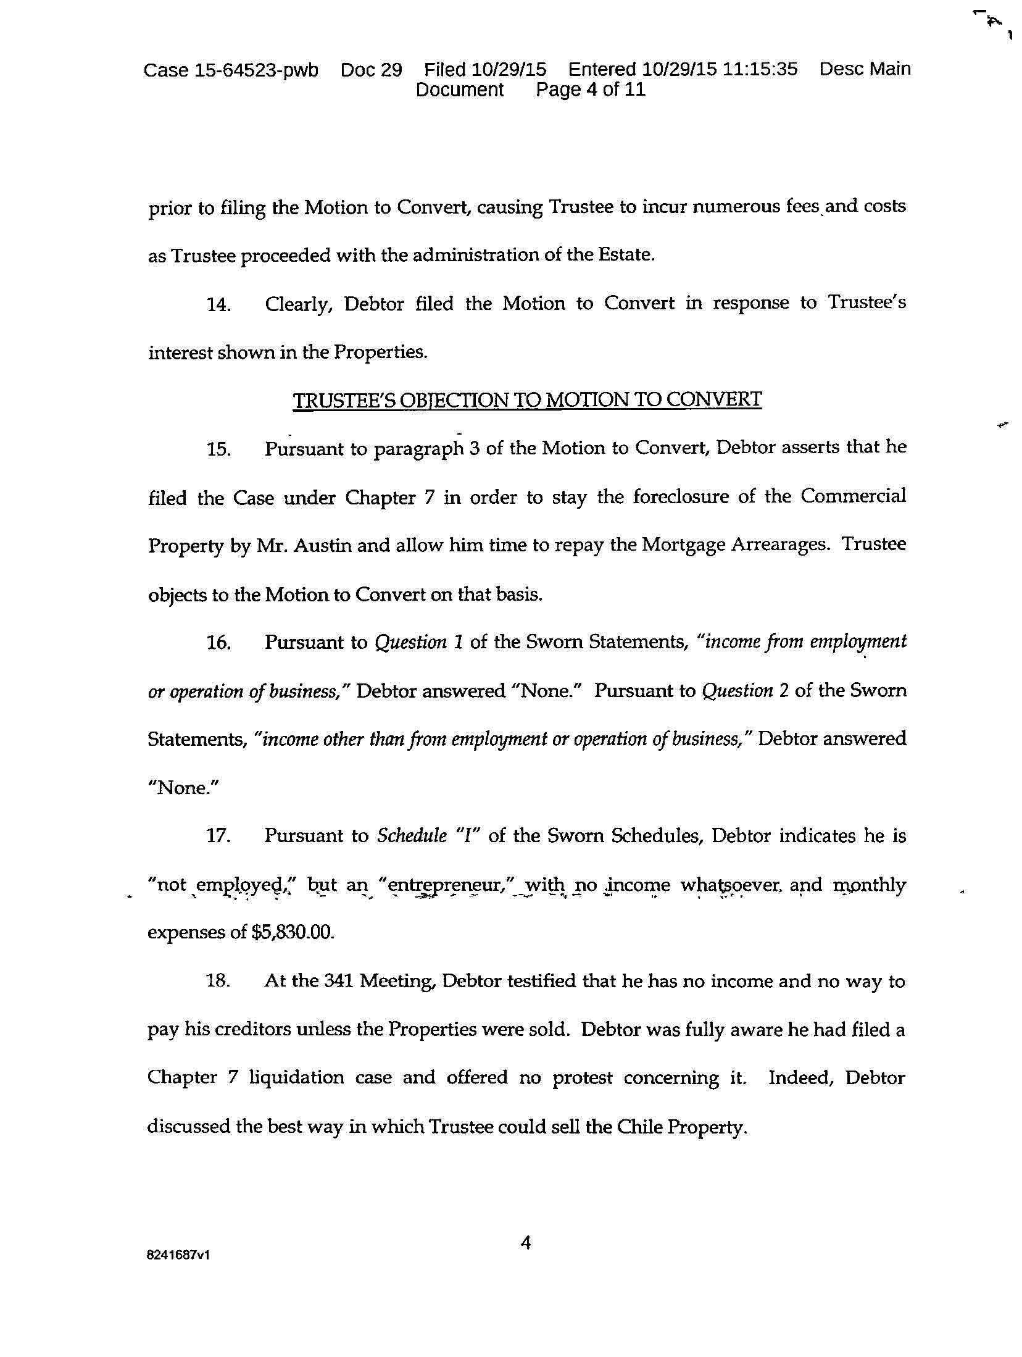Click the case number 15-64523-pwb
click(256, 70)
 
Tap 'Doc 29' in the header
click(371, 70)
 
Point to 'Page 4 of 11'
click(591, 90)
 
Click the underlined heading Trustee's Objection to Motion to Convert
click(527, 400)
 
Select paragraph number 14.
click(218, 305)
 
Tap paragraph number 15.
click(218, 449)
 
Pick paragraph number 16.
click(218, 643)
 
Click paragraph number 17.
click(218, 837)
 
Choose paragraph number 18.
click(218, 982)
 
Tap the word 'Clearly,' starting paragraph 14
click(299, 304)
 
